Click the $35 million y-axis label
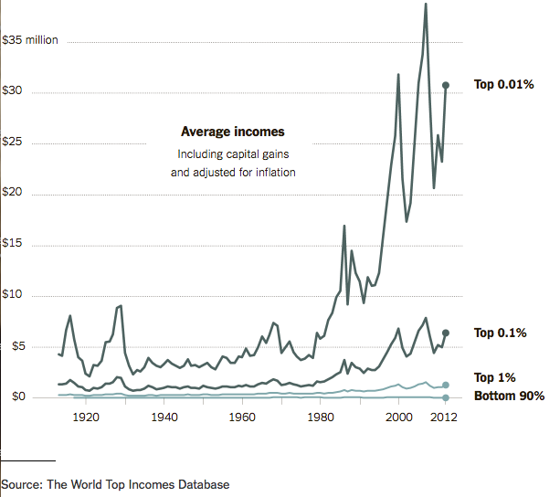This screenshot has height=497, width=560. tap(30, 41)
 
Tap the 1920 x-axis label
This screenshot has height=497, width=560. tap(86, 418)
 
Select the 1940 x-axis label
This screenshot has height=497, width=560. tap(164, 418)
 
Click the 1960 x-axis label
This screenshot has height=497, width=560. tap(242, 418)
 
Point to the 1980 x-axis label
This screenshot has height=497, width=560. tap(321, 418)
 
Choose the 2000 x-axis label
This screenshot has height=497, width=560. tap(399, 418)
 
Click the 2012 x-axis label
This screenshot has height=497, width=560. tap(445, 418)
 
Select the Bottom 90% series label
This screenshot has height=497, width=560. tap(509, 396)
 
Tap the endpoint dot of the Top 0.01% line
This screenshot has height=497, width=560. tap(446, 85)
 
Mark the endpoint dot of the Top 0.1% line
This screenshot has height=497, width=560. tap(446, 333)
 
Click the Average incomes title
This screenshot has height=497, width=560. tap(232, 132)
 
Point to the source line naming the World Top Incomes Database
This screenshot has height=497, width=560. tap(115, 484)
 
